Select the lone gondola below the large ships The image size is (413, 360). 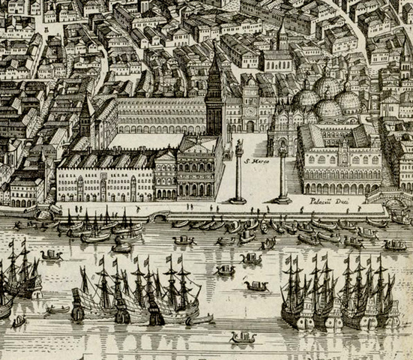(x=243, y=338)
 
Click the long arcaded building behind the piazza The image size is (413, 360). (x=162, y=116)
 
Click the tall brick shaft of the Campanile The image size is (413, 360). (x=215, y=105)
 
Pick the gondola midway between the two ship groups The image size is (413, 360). (x=255, y=285)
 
